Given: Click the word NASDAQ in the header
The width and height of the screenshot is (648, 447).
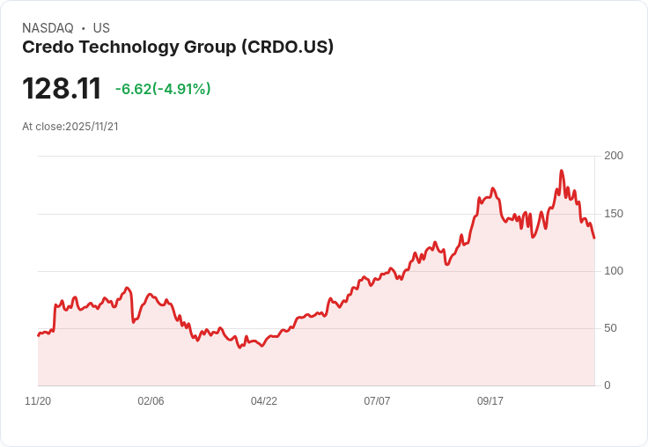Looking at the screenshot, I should [x=48, y=28].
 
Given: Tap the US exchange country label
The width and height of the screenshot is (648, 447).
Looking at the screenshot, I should [x=101, y=28].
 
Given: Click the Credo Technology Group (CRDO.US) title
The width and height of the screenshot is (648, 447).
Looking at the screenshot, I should [x=178, y=48].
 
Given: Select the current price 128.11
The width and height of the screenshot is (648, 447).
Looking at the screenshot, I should [x=62, y=89].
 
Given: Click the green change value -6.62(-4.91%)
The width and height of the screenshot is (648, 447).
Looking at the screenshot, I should [x=163, y=89].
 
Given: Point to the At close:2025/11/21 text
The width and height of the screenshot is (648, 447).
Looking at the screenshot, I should [x=70, y=127].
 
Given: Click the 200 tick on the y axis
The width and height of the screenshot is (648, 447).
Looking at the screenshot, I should [x=614, y=156].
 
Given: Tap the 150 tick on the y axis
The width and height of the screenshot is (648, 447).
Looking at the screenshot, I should [x=614, y=214].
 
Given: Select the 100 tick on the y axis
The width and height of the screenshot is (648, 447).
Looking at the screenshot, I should [x=614, y=271].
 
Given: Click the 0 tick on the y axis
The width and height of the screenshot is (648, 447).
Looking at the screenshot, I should [x=607, y=385].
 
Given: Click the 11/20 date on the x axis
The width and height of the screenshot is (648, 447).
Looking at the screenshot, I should [x=38, y=401].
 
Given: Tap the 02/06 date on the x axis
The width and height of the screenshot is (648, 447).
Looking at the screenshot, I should [x=151, y=401].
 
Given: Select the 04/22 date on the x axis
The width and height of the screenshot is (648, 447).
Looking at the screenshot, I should [x=264, y=401].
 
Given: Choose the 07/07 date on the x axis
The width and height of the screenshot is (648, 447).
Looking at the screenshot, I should [x=377, y=401].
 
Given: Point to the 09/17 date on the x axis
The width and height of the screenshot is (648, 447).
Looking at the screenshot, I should [x=490, y=401].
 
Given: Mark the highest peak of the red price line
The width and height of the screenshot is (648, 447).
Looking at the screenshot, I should [x=561, y=171].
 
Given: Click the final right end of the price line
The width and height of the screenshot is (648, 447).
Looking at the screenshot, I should [x=594, y=238].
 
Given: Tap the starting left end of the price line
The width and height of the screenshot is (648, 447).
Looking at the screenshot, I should [x=38, y=335].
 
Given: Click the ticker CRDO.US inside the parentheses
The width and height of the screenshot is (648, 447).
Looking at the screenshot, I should [x=290, y=48].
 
